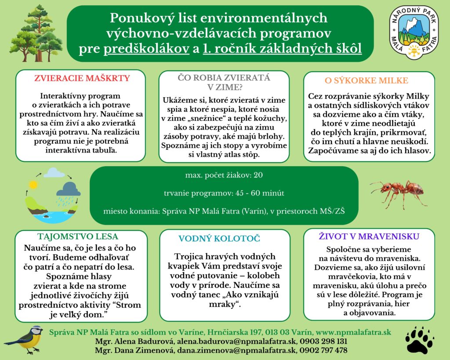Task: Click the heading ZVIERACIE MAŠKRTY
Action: pyautogui.click(x=83, y=79)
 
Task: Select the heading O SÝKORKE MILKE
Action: pyautogui.click(x=366, y=80)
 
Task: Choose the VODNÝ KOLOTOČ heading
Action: pyautogui.click(x=219, y=239)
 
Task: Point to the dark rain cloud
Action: pyautogui.click(x=69, y=189)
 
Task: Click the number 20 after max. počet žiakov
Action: pyautogui.click(x=258, y=175)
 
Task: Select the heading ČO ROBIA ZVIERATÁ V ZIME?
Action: pyautogui.click(x=223, y=82)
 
